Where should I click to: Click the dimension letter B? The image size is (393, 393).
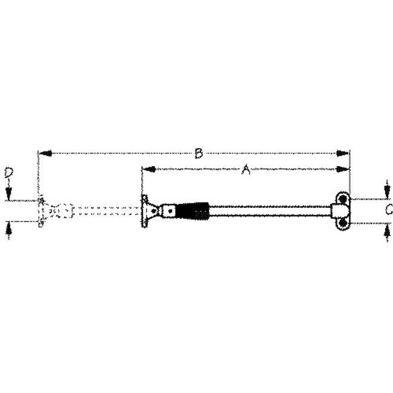(x=198, y=154)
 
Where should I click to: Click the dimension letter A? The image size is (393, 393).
(x=245, y=171)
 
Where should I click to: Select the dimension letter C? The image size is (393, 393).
(x=389, y=210)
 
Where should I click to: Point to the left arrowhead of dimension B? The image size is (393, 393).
(x=43, y=154)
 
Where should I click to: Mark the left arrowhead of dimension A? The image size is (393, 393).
(x=146, y=170)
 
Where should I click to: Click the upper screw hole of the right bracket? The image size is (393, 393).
(x=343, y=199)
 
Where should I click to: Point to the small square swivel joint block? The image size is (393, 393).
(x=171, y=211)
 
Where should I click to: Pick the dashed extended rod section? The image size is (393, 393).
(x=106, y=211)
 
